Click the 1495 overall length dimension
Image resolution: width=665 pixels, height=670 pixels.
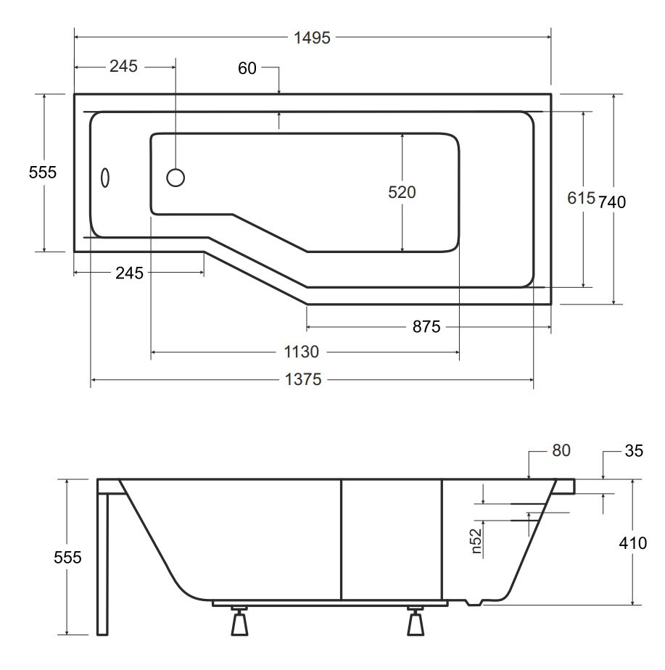pos(312,38)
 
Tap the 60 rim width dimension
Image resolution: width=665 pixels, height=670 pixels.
pos(247,68)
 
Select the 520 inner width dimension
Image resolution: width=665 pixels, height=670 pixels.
pos(402,192)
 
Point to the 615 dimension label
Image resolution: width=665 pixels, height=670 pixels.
pos(581,198)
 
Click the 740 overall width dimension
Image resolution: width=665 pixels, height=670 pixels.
pos(612,202)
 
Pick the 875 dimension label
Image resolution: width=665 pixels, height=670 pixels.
pos(426,327)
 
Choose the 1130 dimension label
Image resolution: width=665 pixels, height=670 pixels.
pos(301,352)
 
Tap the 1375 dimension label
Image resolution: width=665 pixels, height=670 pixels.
pos(303,379)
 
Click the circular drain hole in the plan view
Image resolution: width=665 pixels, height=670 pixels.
pos(175,178)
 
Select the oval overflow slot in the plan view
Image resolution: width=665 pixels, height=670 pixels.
pos(104,178)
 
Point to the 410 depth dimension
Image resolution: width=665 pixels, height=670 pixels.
pos(633,544)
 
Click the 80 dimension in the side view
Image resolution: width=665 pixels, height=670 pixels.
pos(561,450)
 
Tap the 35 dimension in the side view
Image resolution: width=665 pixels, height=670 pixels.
pos(634,451)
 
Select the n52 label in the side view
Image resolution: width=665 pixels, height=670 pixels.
pos(476,541)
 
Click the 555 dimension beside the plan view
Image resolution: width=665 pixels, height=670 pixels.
pos(42,173)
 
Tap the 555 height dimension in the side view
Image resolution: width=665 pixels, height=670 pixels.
pos(67,558)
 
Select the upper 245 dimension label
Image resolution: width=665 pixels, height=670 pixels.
pos(123,66)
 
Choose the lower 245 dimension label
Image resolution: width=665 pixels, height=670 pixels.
pos(129,273)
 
